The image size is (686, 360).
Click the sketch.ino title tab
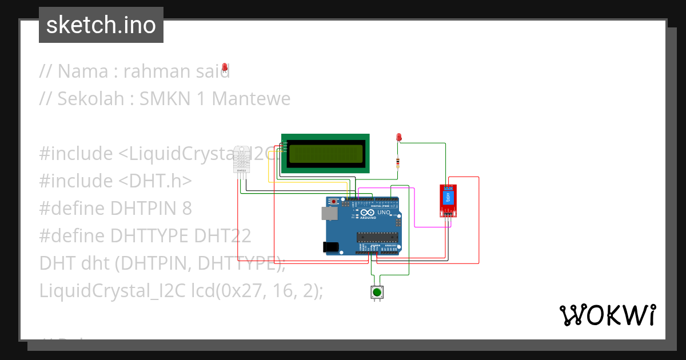pos(101,25)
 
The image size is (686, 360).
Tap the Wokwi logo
pos(607,315)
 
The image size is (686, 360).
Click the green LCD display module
pos(325,153)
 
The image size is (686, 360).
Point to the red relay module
pos(448,201)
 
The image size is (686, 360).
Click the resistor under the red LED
pos(398,163)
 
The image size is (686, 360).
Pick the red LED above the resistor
pos(399,137)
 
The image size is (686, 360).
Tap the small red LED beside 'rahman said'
pos(225,67)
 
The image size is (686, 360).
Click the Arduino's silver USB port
pos(329,213)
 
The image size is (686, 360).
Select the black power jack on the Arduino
pos(330,246)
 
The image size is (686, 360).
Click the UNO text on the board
pos(384,213)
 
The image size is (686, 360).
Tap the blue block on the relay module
pos(449,197)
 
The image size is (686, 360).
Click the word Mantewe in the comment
pos(251,99)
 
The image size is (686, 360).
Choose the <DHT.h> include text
pos(155,181)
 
